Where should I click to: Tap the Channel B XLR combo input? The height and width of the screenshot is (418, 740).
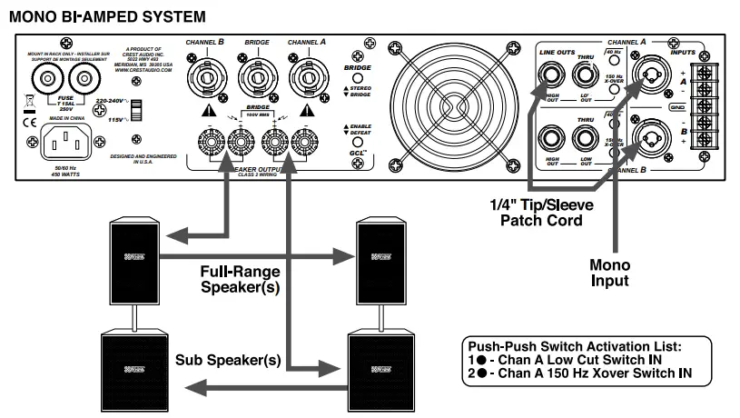(654, 136)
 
